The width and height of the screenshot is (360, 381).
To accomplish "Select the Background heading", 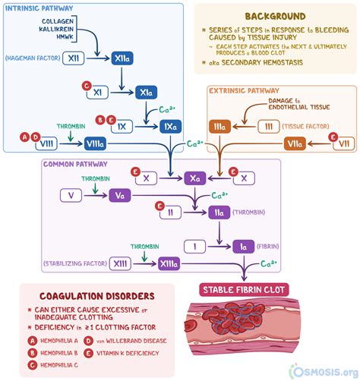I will [264, 16].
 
